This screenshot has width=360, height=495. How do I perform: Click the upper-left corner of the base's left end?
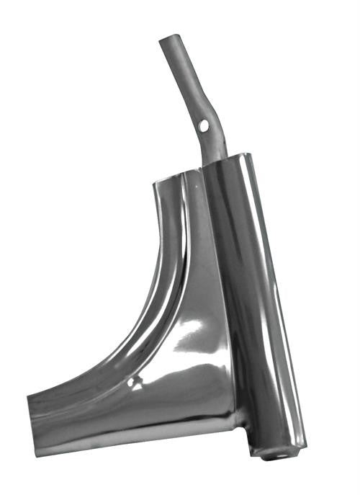28,396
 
